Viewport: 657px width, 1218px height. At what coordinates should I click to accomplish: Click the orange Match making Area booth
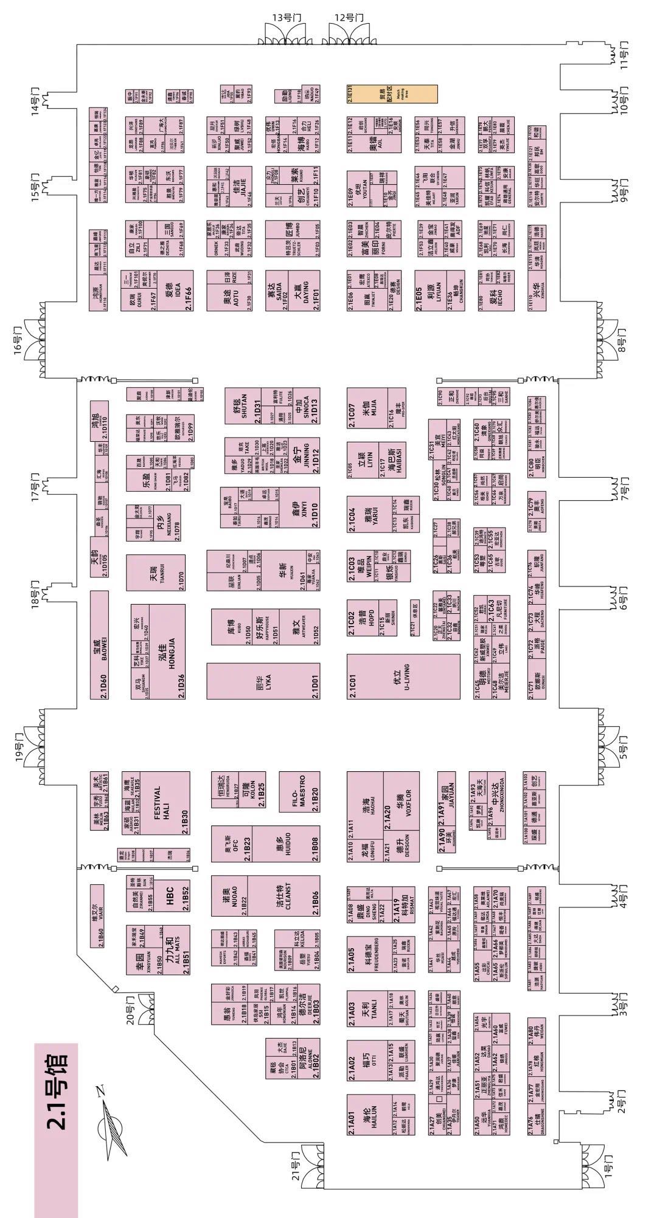point(392,94)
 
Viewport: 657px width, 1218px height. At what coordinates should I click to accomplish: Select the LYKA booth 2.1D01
point(263,681)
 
